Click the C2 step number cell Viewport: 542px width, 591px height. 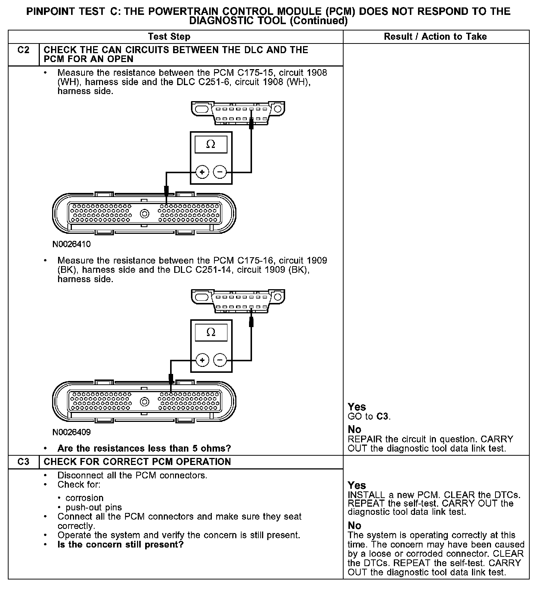23,50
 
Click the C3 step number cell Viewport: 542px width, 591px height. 23,462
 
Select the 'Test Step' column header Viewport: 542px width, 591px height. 169,36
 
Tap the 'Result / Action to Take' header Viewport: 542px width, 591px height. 435,36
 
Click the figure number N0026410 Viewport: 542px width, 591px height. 71,244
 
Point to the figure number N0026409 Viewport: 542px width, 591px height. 71,432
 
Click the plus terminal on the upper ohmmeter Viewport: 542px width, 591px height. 202,172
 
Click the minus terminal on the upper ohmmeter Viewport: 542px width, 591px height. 220,172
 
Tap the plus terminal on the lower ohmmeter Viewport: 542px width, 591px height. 202,360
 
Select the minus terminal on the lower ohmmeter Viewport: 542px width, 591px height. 220,360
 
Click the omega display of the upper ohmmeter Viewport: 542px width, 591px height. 211,144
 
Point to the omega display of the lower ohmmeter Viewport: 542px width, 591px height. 211,332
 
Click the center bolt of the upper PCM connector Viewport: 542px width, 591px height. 144,214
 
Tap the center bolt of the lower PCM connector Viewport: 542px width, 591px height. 144,402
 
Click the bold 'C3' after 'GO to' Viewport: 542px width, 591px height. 383,416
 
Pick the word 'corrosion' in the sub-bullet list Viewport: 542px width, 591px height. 85,498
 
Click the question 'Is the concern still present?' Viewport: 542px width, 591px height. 121,545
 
